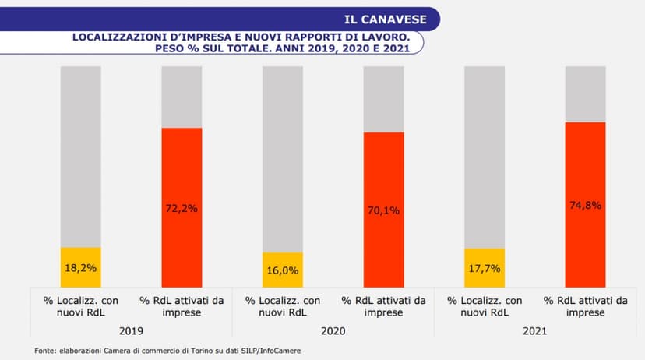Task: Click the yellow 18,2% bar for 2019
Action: [81, 267]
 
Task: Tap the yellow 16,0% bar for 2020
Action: [283, 270]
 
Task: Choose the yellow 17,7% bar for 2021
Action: [484, 268]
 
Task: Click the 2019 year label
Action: [131, 330]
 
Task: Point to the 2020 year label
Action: [333, 330]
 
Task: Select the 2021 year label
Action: [534, 330]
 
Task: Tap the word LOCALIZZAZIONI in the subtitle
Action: [117, 36]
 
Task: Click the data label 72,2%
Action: [182, 208]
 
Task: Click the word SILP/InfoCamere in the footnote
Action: [270, 351]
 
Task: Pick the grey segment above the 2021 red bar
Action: [585, 94]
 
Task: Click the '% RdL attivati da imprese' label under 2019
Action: [182, 306]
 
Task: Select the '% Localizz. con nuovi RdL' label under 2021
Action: [484, 306]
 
